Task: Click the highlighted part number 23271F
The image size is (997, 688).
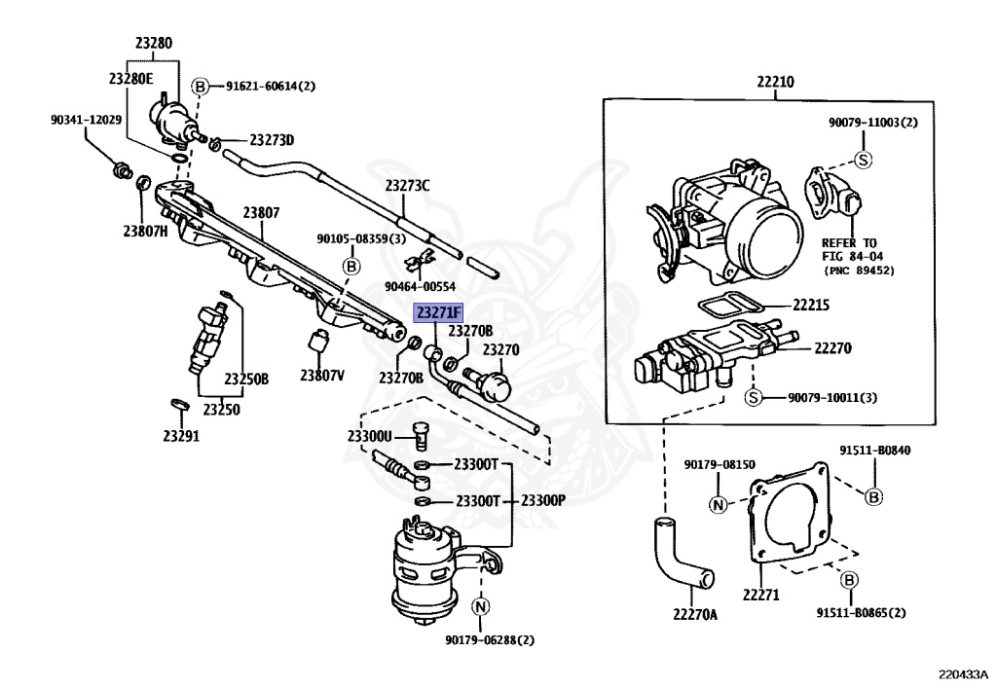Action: click(439, 312)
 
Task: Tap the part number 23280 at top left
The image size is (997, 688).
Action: click(153, 43)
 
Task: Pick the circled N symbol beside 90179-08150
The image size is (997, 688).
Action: click(717, 504)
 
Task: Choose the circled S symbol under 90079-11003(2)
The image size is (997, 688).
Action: click(863, 160)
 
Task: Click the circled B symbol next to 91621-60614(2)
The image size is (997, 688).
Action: click(201, 86)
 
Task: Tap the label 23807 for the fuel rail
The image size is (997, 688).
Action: click(261, 212)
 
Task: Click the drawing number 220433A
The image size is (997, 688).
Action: click(963, 672)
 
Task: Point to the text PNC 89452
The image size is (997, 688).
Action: click(859, 270)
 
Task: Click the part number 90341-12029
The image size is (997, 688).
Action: click(87, 120)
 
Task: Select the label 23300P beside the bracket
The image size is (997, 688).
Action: click(542, 501)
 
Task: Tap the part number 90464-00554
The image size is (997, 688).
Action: click(420, 285)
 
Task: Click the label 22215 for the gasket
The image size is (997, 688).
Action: click(809, 305)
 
